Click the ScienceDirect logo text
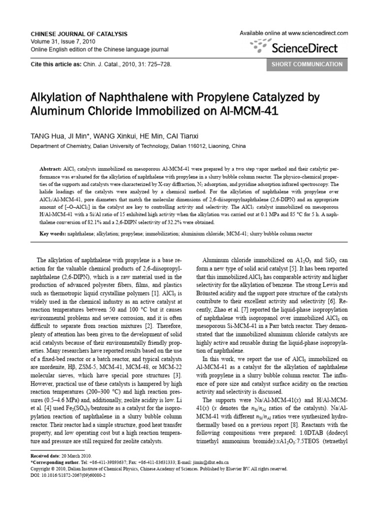point(305,48)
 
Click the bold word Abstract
point(51,168)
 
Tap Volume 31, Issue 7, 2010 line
point(63,41)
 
